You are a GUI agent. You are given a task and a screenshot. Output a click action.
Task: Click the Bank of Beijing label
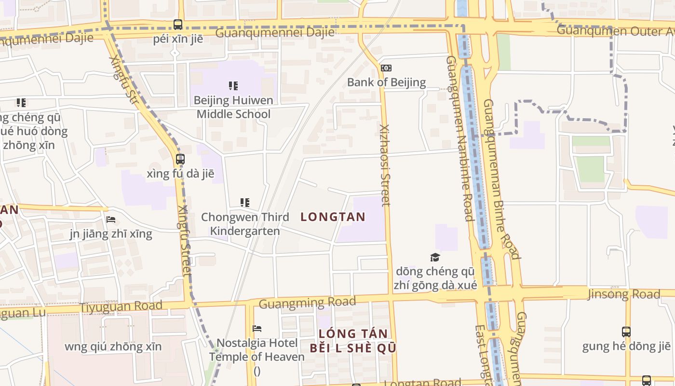386,82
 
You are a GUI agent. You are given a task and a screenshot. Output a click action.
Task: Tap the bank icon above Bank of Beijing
386,68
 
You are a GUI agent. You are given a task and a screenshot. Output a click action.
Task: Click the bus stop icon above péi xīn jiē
178,24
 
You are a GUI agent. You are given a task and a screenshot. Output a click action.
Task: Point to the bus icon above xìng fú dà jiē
180,159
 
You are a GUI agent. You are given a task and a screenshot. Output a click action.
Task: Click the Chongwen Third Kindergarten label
245,224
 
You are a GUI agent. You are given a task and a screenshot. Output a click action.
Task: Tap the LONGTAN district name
333,217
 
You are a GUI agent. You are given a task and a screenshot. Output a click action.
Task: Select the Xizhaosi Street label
385,165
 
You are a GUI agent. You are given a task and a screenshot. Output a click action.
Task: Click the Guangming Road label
307,303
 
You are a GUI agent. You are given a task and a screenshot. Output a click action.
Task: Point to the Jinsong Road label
623,294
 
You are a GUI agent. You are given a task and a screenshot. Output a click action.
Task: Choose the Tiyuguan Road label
121,306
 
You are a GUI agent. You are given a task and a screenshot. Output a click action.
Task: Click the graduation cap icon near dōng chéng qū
435,257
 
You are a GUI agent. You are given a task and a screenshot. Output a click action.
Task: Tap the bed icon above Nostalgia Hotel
257,329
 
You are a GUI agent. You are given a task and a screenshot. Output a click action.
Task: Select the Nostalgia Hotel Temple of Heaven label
257,350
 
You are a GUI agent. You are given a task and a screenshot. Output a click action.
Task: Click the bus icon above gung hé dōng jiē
626,331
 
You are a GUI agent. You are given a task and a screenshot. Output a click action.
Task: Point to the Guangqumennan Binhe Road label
501,179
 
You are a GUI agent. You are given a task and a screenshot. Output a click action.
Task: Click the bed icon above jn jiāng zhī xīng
111,220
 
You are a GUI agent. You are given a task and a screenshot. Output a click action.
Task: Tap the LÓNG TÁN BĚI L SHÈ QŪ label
353,341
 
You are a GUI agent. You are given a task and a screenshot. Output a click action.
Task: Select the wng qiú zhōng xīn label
113,346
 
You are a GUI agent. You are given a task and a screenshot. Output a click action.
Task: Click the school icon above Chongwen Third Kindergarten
245,203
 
